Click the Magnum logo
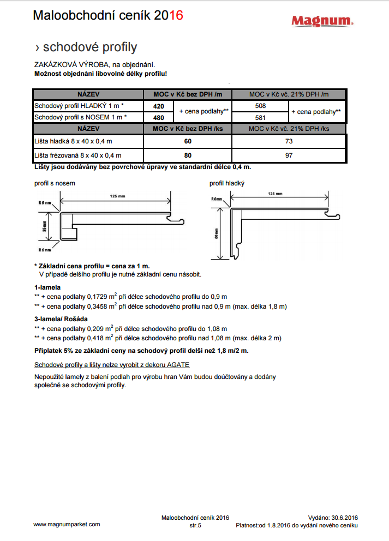[x=321, y=21]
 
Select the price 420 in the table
[x=158, y=106]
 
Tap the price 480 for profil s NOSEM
[x=158, y=117]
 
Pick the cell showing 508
[x=260, y=106]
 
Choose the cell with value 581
[x=260, y=117]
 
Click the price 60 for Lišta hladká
[x=188, y=141]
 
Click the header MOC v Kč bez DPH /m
[x=187, y=94]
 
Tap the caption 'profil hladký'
[x=226, y=183]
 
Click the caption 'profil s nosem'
[x=55, y=183]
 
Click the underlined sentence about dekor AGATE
[x=112, y=364]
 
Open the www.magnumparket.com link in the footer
[x=67, y=524]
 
